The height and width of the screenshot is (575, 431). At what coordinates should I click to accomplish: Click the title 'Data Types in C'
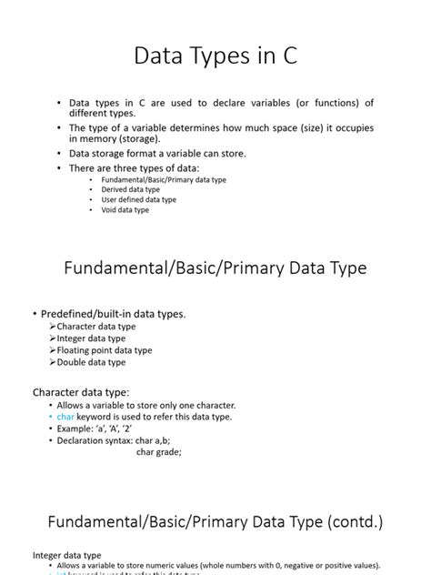coord(215,56)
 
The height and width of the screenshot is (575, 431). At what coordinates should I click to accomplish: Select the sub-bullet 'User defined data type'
coord(139,199)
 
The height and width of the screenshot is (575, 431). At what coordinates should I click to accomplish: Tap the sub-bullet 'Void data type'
coord(125,209)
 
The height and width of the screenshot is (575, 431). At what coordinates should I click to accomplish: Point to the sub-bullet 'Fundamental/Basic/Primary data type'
coord(164,179)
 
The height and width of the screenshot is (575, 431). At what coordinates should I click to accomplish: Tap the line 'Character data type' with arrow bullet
coord(95,327)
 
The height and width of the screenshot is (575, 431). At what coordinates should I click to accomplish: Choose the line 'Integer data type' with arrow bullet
coord(92,338)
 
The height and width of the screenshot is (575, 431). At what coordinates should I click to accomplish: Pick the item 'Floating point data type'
coord(104,350)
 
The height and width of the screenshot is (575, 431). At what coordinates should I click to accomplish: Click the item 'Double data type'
coord(91,362)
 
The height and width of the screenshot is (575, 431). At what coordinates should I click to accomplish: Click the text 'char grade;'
coord(159,451)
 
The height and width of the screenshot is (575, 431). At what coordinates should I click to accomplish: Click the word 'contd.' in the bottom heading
coord(366,523)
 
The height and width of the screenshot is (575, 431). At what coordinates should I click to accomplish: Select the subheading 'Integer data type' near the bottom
coord(67,554)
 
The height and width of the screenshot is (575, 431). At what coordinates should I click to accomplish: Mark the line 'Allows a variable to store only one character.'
coord(145,405)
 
